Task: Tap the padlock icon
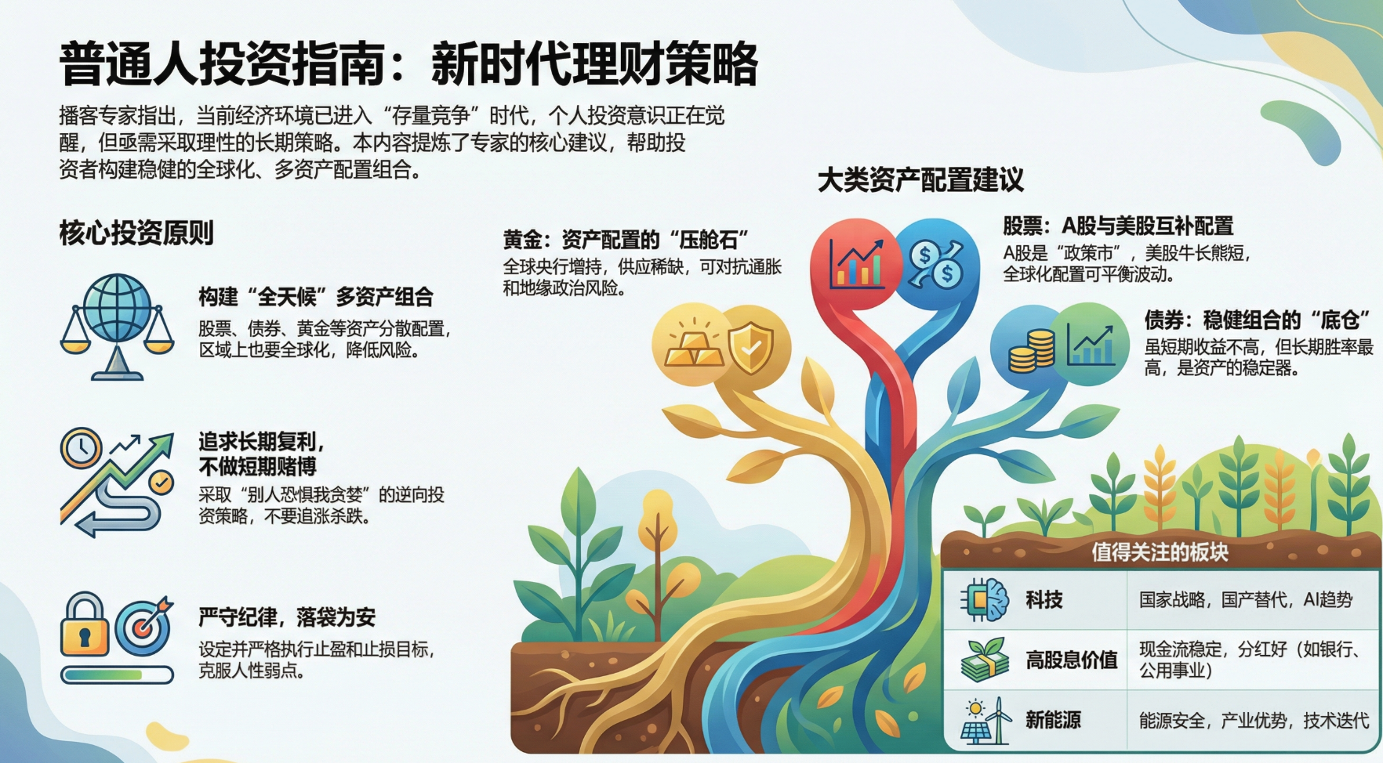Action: [84, 624]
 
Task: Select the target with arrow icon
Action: [144, 627]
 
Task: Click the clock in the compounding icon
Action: [81, 448]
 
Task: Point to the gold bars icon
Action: [695, 346]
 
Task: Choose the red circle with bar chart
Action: [857, 263]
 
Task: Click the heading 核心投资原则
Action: [136, 233]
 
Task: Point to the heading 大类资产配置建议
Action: [920, 180]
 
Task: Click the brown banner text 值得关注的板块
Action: [1160, 552]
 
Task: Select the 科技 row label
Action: [1044, 600]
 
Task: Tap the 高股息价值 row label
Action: [1071, 660]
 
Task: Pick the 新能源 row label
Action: [1053, 720]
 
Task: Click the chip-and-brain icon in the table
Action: [985, 601]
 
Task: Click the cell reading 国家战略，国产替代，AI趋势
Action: [1246, 600]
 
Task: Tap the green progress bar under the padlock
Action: [118, 674]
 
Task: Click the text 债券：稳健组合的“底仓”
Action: [1259, 320]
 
